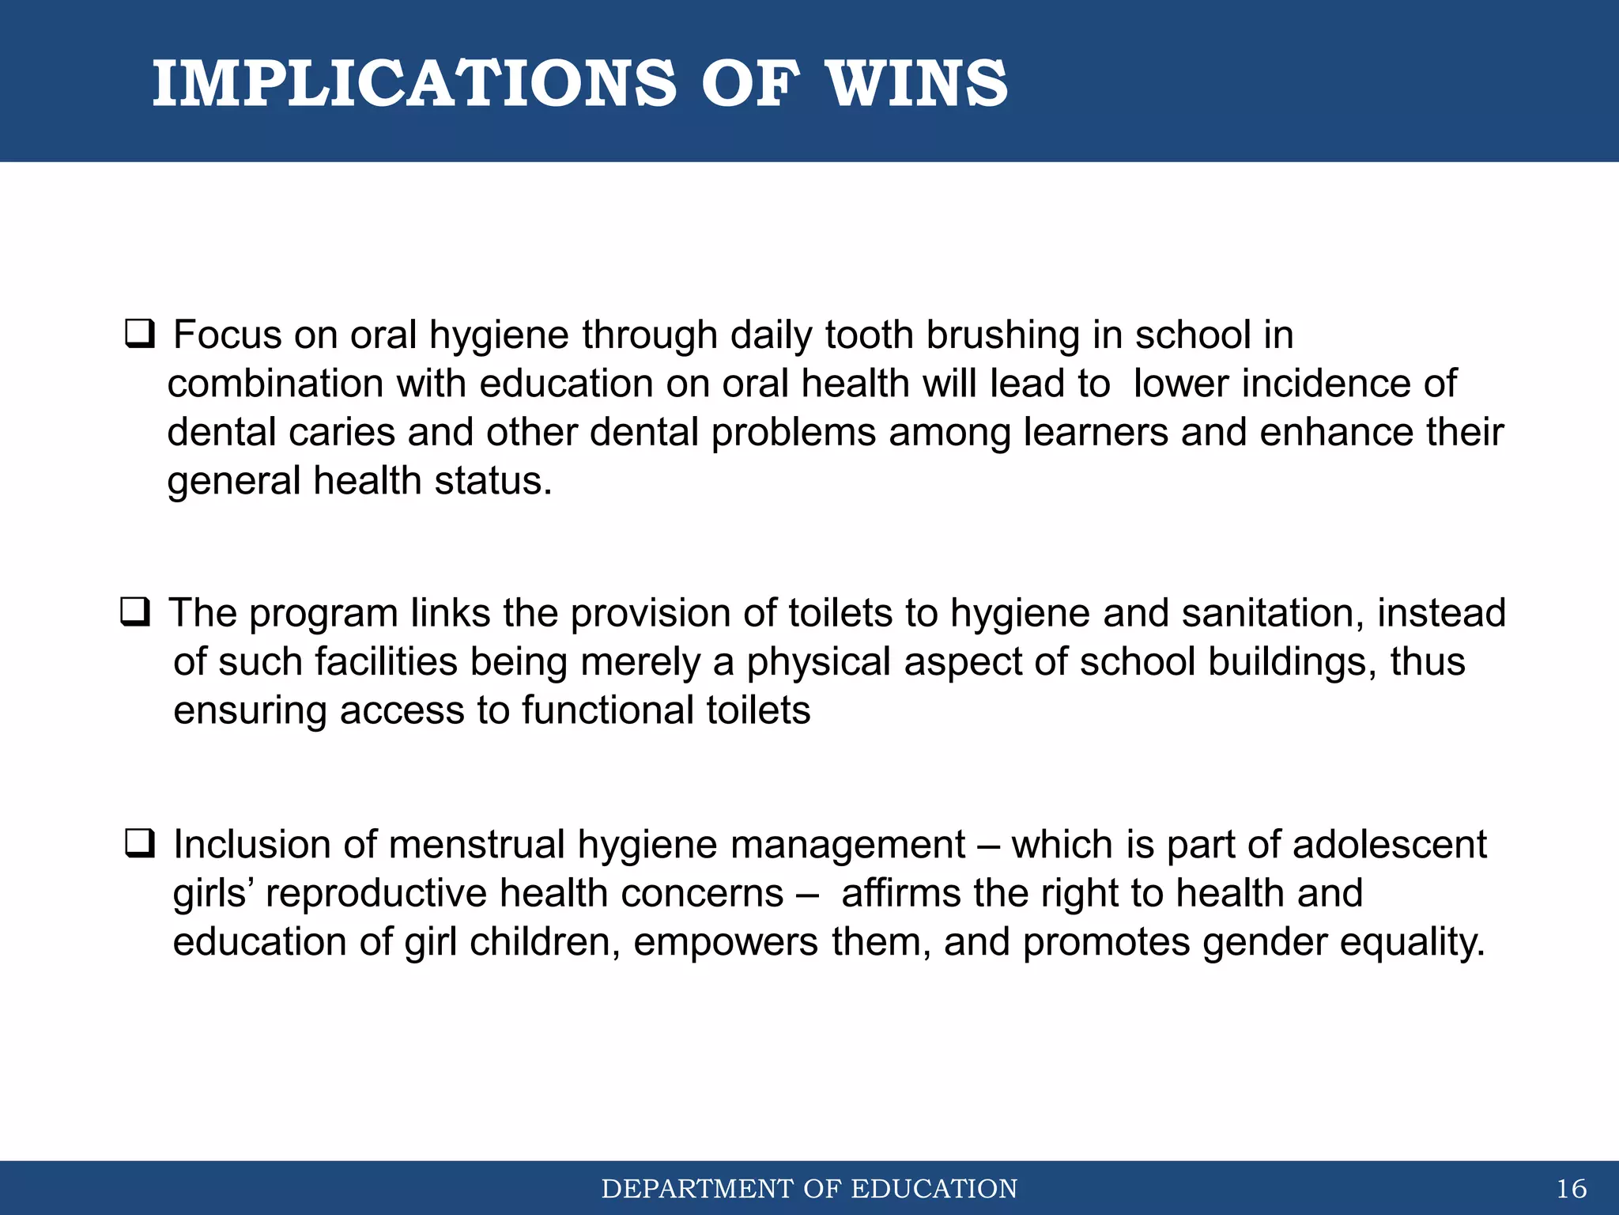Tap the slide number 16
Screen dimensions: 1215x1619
1571,1189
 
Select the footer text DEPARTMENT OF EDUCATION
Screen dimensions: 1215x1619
809,1189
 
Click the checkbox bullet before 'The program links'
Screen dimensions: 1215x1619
135,611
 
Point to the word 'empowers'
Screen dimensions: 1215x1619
725,942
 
